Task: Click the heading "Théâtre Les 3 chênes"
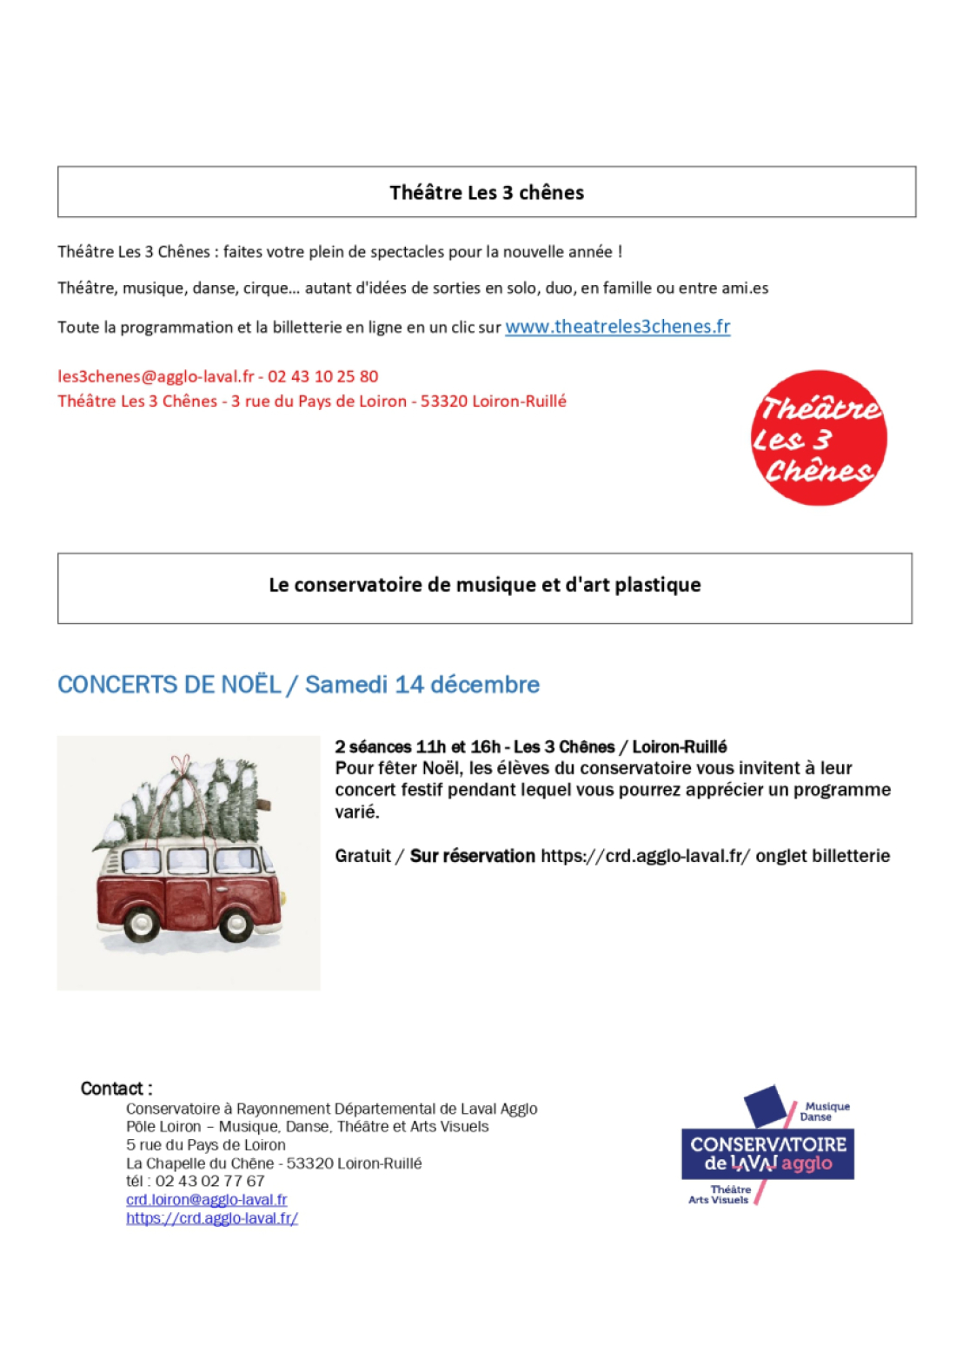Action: [x=486, y=193]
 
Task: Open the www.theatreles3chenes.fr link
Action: [x=617, y=327]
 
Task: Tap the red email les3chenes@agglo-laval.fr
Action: [x=156, y=377]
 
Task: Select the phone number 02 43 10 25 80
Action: [x=323, y=377]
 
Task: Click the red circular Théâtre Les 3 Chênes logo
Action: [x=818, y=438]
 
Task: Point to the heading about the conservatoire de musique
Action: [x=484, y=585]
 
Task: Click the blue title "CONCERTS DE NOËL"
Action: [x=169, y=685]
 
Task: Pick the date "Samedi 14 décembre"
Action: [x=422, y=685]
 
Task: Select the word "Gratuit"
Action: [x=362, y=856]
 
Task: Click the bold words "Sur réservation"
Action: [x=472, y=856]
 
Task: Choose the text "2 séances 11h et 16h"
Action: [x=417, y=747]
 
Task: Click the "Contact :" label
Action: [x=116, y=1089]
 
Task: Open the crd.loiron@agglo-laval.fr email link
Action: [x=206, y=1200]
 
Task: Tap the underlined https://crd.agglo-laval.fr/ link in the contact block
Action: [x=211, y=1218]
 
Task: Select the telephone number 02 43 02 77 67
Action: [x=209, y=1182]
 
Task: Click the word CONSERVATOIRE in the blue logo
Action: [x=768, y=1144]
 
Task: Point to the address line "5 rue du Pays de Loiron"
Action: [x=205, y=1145]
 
